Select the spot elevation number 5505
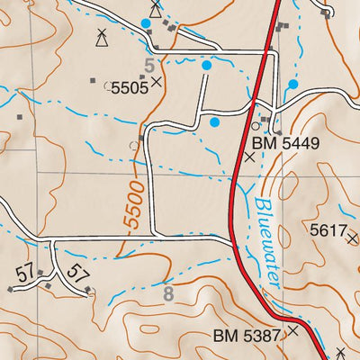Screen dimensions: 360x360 pyautogui.click(x=129, y=87)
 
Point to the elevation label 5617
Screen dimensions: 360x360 pyautogui.click(x=328, y=231)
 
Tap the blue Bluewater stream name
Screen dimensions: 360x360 pyautogui.click(x=267, y=243)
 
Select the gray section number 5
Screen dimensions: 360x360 pyautogui.click(x=151, y=65)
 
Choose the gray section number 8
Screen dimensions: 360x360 pyautogui.click(x=167, y=292)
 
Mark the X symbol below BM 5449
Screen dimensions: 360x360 pyautogui.click(x=250, y=156)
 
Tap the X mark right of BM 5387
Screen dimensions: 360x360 pyautogui.click(x=292, y=332)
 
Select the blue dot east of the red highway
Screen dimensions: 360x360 pyautogui.click(x=292, y=85)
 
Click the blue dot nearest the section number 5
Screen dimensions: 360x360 pyautogui.click(x=206, y=65)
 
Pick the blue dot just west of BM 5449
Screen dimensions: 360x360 pyautogui.click(x=214, y=121)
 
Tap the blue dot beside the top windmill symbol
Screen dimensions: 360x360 pyautogui.click(x=146, y=22)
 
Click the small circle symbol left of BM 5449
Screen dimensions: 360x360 pyautogui.click(x=256, y=126)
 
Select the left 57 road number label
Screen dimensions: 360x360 pyautogui.click(x=24, y=269)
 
